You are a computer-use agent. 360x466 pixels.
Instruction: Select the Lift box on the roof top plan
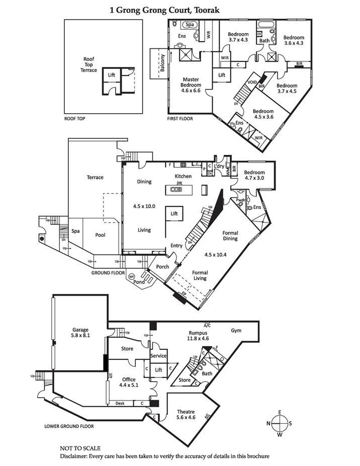[112, 75]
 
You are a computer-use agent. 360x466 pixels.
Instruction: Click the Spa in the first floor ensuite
[190, 25]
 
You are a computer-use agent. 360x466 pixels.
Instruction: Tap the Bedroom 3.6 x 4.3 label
[293, 41]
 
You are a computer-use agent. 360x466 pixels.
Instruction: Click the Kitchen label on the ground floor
[183, 176]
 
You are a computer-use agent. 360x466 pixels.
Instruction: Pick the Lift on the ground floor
[174, 214]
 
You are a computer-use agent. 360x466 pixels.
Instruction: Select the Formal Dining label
[230, 236]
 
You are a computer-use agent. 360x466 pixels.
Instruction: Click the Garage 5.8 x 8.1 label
[80, 332]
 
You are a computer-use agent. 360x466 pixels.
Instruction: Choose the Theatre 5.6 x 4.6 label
[185, 414]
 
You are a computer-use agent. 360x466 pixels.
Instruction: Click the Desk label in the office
[120, 403]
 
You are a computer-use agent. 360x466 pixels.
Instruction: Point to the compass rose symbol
[280, 423]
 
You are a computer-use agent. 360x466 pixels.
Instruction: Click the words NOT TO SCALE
[80, 448]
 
